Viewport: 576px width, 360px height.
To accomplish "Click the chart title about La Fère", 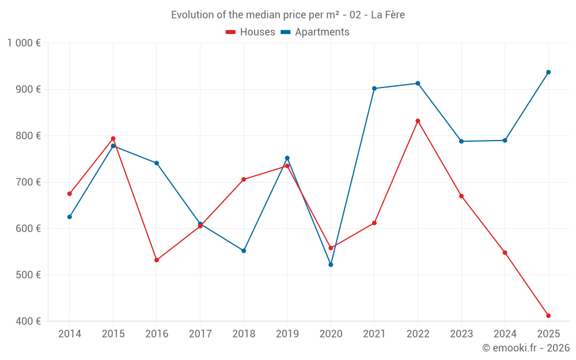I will pos(287,15).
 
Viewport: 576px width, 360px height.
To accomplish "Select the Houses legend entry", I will pos(251,32).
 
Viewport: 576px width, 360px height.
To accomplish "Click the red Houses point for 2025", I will pos(548,316).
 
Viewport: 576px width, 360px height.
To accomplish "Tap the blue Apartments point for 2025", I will pos(548,72).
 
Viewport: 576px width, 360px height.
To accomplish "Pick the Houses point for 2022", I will pos(418,121).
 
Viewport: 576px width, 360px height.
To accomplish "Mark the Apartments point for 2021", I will pos(374,88).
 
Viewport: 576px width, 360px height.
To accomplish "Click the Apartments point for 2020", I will pos(331,264).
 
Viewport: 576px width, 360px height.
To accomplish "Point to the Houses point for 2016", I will pos(157,260).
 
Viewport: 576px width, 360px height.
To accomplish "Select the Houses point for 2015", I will pos(113,138).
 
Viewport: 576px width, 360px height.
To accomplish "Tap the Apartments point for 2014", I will pos(70,217).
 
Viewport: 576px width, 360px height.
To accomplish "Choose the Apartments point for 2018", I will pos(244,251).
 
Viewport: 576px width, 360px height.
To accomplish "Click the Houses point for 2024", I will pos(505,252).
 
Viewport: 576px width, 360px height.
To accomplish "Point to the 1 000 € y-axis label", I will pos(24,43).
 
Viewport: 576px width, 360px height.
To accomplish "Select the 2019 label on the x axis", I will pos(287,334).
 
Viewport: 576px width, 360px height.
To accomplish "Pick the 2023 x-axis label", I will pos(461,334).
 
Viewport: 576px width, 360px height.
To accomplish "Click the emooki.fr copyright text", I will pos(525,348).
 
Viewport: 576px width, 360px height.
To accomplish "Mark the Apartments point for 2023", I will pos(461,141).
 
